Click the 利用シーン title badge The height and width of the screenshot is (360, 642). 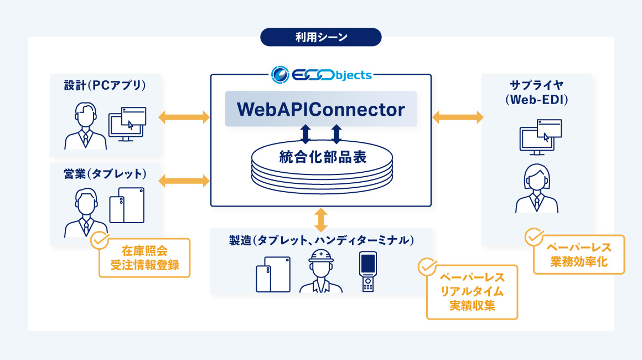pyautogui.click(x=321, y=38)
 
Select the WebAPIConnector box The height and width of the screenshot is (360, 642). pyautogui.click(x=321, y=109)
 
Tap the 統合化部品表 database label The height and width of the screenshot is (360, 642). pyautogui.click(x=322, y=157)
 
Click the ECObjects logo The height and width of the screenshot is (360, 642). pyautogui.click(x=322, y=74)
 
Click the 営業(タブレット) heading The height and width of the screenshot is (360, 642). pyautogui.click(x=105, y=174)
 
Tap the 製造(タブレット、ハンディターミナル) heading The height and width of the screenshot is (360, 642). pyautogui.click(x=322, y=240)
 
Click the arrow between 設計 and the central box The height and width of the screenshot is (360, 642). pyautogui.click(x=184, y=117)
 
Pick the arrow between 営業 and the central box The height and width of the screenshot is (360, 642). pyautogui.click(x=184, y=180)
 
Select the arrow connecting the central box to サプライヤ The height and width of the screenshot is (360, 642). pyautogui.click(x=457, y=117)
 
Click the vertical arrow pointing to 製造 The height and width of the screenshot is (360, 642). pyautogui.click(x=321, y=219)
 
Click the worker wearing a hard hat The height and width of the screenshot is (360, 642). pyautogui.click(x=320, y=271)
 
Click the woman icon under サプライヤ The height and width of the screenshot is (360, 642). pyautogui.click(x=536, y=188)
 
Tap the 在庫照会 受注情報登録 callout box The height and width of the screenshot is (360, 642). pyautogui.click(x=144, y=258)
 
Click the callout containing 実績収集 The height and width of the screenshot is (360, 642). pyautogui.click(x=472, y=292)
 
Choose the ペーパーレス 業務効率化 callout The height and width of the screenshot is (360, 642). pyautogui.click(x=578, y=254)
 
